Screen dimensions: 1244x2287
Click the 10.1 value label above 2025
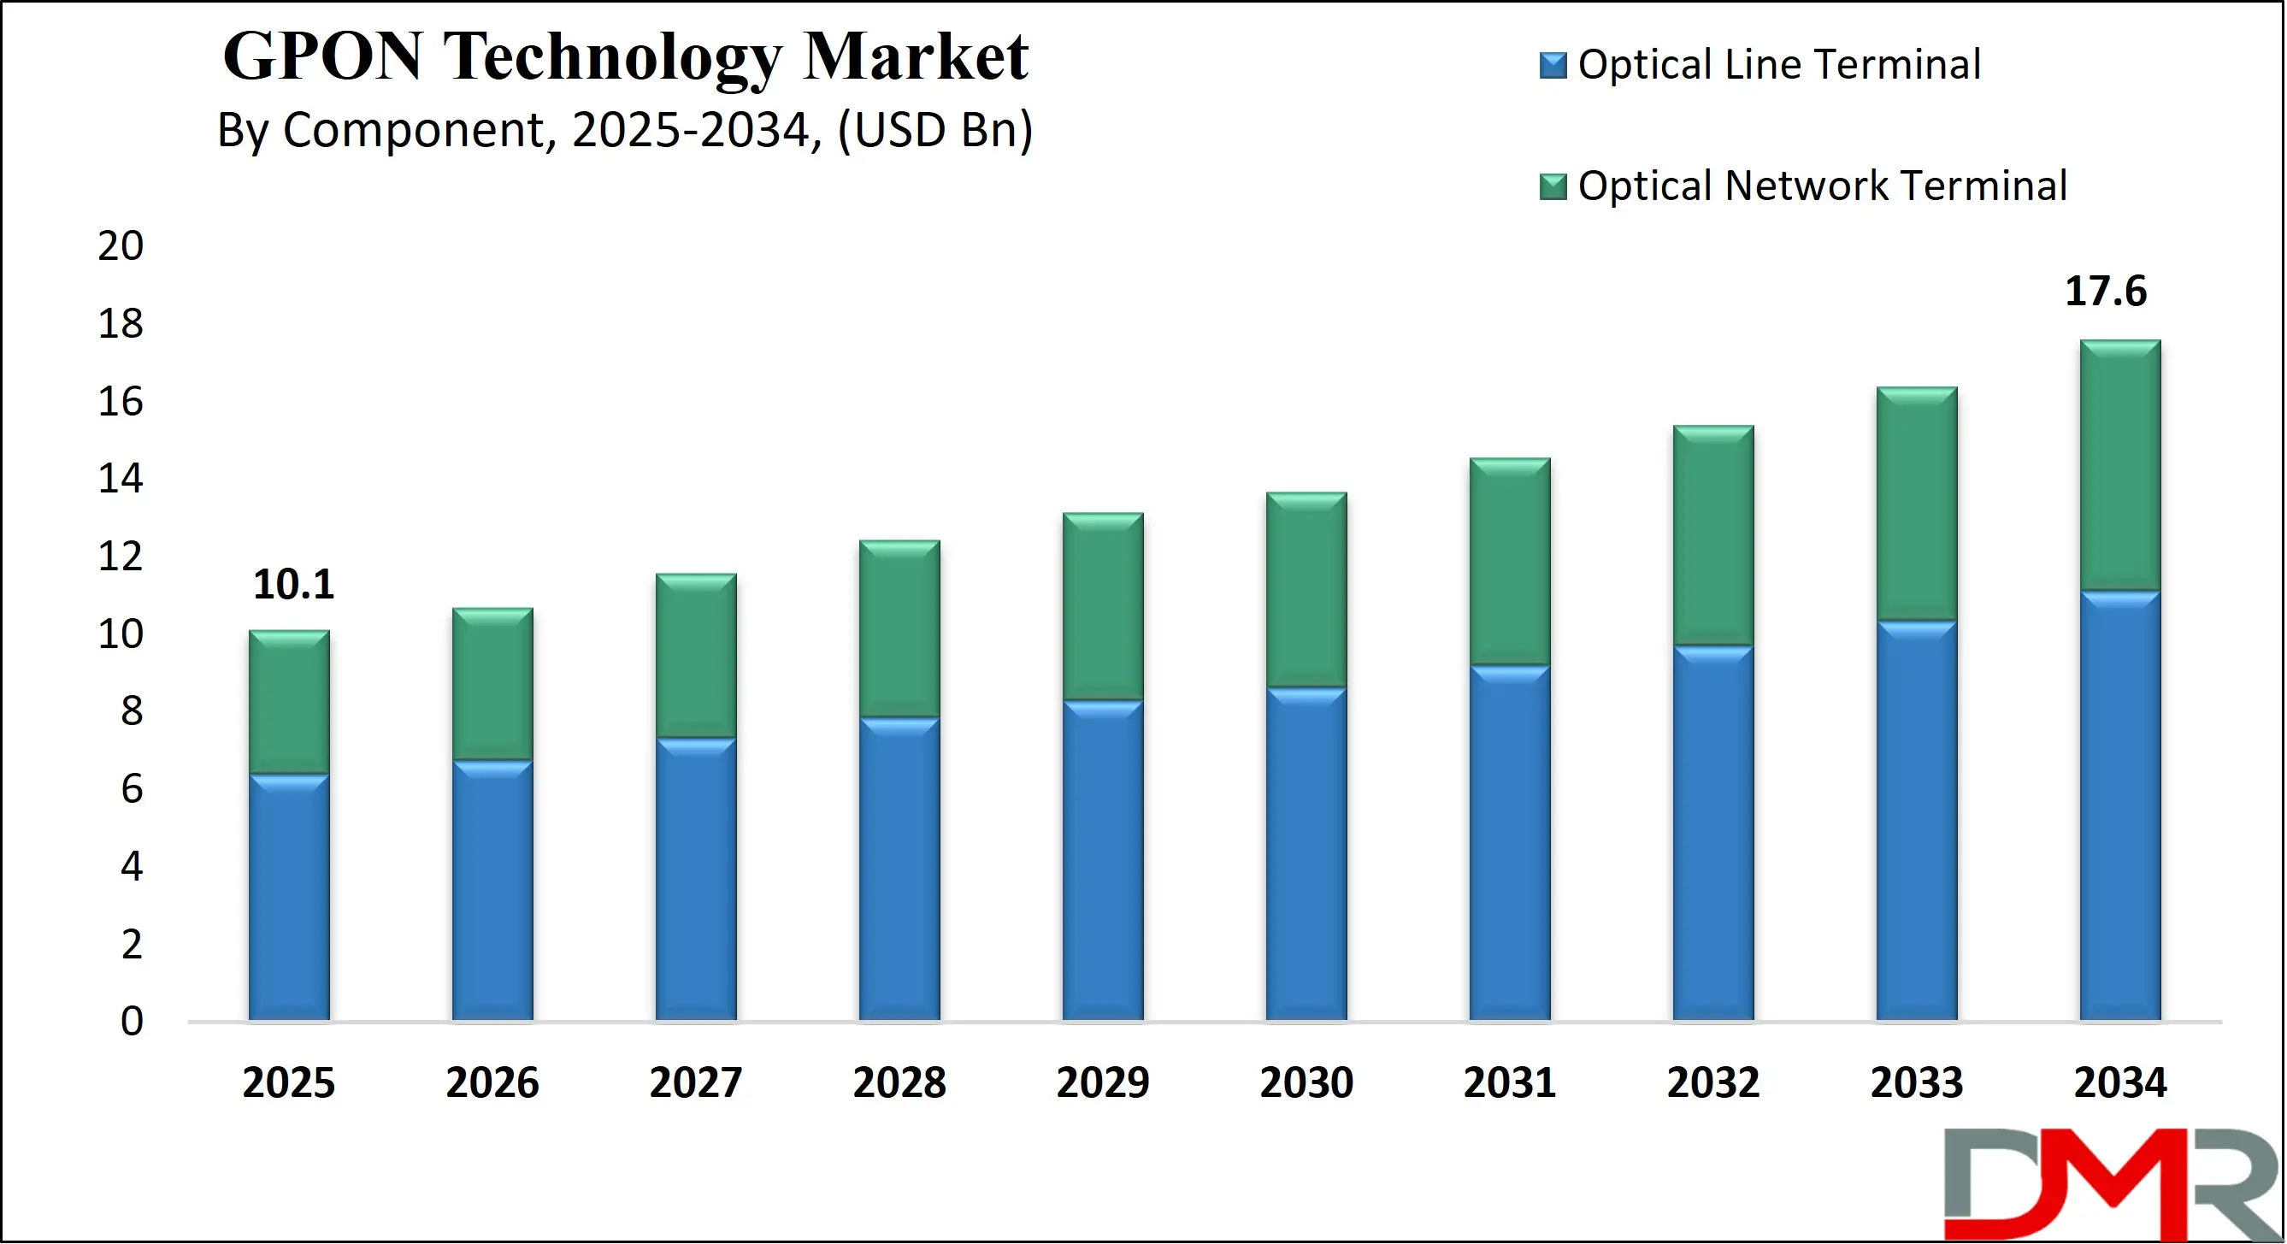294,584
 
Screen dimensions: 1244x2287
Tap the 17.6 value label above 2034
2105,292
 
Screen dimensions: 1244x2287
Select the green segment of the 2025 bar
290,701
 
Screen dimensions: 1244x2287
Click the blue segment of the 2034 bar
2120,805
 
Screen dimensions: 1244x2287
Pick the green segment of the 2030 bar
1306,590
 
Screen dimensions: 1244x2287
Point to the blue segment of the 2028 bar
899,869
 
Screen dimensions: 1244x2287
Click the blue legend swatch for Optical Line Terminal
1553,66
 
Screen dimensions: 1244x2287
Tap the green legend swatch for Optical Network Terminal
1553,186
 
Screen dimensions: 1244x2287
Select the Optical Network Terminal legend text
1822,186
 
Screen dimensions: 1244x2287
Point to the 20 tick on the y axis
121,246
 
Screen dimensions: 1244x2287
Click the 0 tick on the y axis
132,1021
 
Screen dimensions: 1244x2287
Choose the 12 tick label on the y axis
121,557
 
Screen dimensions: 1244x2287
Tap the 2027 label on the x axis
696,1082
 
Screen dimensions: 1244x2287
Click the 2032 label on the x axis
1713,1082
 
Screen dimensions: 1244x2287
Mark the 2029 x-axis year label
1103,1082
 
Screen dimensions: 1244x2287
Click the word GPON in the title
321,56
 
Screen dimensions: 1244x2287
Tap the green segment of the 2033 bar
1917,504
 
